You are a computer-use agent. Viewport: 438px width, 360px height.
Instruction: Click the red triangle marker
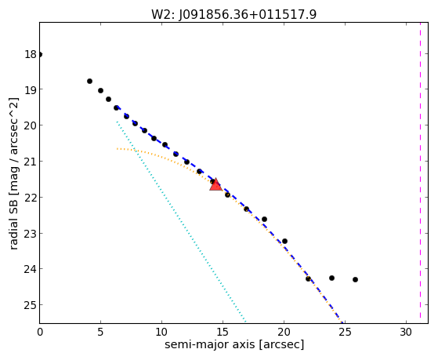(215, 184)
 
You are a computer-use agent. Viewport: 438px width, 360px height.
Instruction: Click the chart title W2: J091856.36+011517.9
(233, 14)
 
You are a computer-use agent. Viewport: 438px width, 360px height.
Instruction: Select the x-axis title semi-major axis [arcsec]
(234, 344)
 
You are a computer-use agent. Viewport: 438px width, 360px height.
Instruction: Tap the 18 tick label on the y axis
(31, 54)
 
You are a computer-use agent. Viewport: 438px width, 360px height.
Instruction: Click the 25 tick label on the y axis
(31, 304)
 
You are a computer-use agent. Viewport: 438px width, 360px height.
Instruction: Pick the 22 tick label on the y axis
(31, 197)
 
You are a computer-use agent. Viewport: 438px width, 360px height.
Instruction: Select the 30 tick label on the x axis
(406, 332)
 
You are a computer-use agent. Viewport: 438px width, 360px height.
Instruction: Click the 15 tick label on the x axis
(223, 332)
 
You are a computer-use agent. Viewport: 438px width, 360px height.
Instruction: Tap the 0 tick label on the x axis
(40, 332)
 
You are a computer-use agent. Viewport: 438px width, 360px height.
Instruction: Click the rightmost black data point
(355, 279)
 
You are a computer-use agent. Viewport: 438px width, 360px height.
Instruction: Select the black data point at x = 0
(40, 54)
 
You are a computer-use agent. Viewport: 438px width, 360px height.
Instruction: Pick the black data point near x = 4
(89, 81)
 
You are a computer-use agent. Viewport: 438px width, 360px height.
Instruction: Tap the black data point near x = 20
(284, 241)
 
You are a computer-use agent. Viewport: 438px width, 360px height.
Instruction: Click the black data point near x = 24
(331, 278)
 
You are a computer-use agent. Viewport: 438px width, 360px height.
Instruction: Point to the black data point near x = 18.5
(264, 219)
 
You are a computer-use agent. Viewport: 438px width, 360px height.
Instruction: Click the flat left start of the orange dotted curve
(118, 149)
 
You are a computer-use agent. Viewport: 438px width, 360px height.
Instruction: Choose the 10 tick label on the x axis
(161, 332)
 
